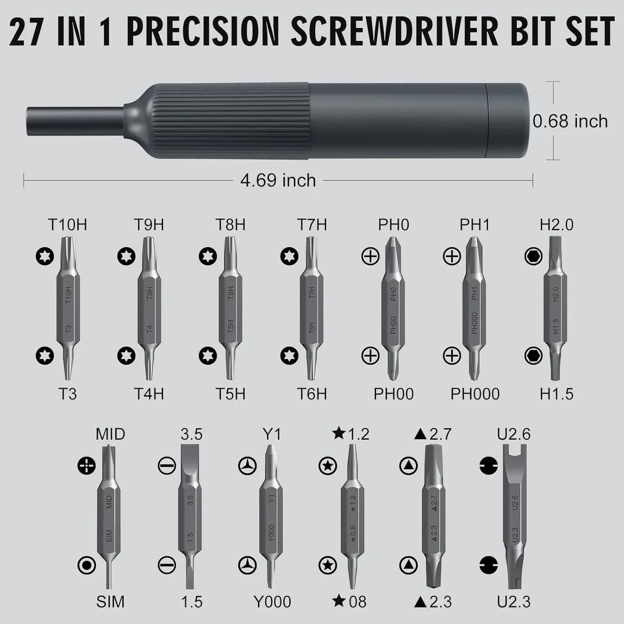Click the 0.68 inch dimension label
[570, 121]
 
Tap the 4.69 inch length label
[278, 180]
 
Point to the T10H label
[67, 225]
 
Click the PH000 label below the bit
[475, 394]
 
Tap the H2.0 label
[556, 225]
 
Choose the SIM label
[110, 602]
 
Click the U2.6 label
[513, 434]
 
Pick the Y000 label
[272, 602]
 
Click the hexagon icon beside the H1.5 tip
[533, 356]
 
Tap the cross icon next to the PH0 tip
[370, 257]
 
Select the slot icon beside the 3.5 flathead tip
[167, 466]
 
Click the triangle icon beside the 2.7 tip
[409, 466]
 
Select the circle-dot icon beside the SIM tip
[87, 565]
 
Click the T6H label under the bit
[312, 394]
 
